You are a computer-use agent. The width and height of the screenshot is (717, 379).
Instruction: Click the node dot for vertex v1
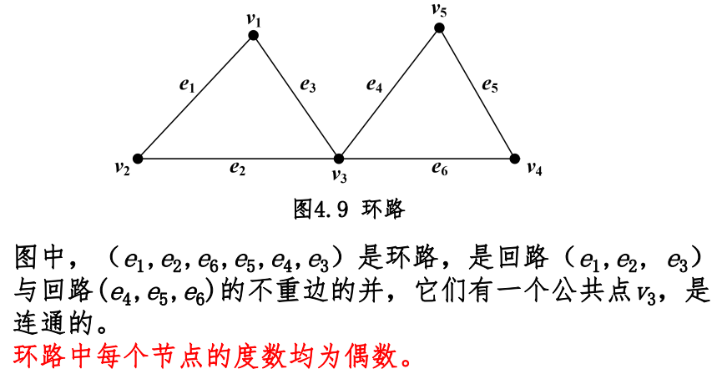point(254,35)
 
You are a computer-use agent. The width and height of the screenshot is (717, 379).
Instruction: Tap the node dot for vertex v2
point(138,158)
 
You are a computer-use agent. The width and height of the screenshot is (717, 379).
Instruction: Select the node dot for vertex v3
point(339,158)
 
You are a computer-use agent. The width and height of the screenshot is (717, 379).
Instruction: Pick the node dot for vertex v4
point(514,158)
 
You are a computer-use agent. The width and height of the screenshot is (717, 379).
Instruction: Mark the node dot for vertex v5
point(439,28)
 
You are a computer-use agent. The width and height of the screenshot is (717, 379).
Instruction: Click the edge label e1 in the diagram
point(187,83)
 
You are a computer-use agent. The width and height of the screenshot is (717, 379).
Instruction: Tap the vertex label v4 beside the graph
point(534,168)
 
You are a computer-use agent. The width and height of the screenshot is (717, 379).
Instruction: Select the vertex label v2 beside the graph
point(123,168)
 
